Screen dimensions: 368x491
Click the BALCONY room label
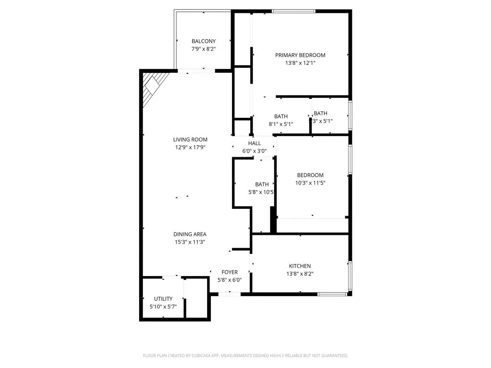click(203, 41)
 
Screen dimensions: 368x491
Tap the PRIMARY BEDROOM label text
click(300, 55)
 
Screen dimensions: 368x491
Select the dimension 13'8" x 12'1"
click(300, 63)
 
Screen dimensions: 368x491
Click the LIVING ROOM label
click(190, 140)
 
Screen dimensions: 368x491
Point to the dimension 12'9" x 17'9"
click(190, 148)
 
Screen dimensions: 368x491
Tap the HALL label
click(255, 143)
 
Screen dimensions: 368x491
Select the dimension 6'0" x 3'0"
click(255, 151)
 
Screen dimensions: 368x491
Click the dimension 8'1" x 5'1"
click(281, 124)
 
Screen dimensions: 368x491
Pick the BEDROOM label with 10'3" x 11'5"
click(310, 175)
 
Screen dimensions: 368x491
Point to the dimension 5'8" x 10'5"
click(261, 192)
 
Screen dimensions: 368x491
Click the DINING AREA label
click(190, 234)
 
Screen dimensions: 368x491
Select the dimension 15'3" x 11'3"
click(190, 242)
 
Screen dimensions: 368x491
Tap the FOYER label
click(229, 272)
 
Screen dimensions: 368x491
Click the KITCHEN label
click(300, 266)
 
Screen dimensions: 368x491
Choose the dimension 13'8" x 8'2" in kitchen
click(300, 274)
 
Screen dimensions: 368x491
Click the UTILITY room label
click(163, 299)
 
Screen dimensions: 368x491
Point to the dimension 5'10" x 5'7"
click(163, 306)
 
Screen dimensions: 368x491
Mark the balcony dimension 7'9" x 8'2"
click(203, 49)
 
